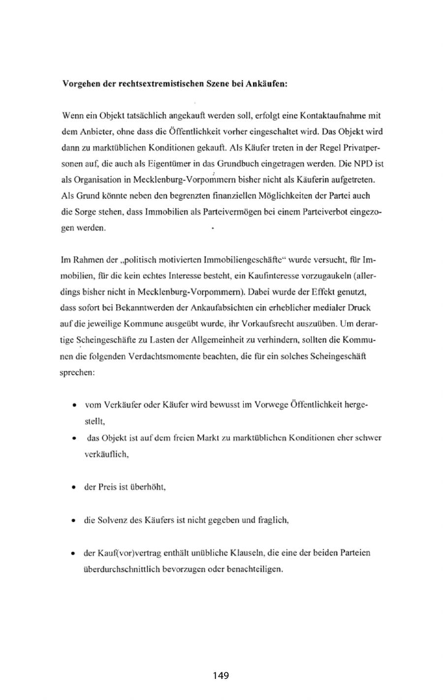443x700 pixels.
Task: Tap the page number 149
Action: (221, 675)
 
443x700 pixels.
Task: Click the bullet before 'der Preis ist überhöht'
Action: (74, 488)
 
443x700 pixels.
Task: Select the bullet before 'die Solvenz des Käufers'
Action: (74, 520)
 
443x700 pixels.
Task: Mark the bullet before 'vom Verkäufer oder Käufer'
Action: (74, 406)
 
